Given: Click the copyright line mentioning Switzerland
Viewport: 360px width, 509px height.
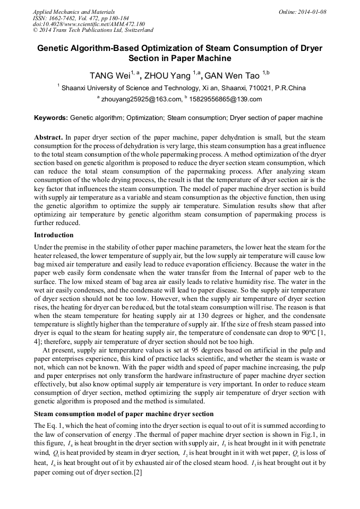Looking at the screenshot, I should (93, 31).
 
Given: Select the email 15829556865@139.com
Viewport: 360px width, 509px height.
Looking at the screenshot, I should (225, 99).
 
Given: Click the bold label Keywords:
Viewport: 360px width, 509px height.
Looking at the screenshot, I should (50, 118).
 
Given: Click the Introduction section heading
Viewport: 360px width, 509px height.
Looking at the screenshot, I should (54, 235).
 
